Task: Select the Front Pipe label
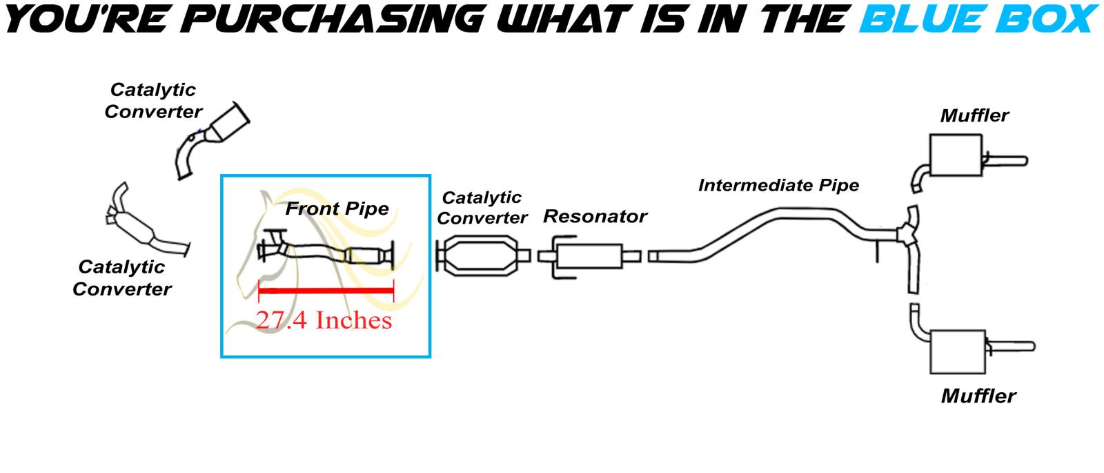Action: point(337,209)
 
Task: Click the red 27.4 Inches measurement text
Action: point(324,320)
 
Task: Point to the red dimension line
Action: point(325,291)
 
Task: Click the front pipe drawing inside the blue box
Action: point(324,253)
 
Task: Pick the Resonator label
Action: point(595,216)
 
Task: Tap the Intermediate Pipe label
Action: point(778,185)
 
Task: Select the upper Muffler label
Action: point(974,115)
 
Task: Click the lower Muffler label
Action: point(978,396)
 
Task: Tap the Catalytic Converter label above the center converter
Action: point(482,207)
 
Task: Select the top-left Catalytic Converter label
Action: point(153,100)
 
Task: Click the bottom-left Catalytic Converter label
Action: point(121,278)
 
